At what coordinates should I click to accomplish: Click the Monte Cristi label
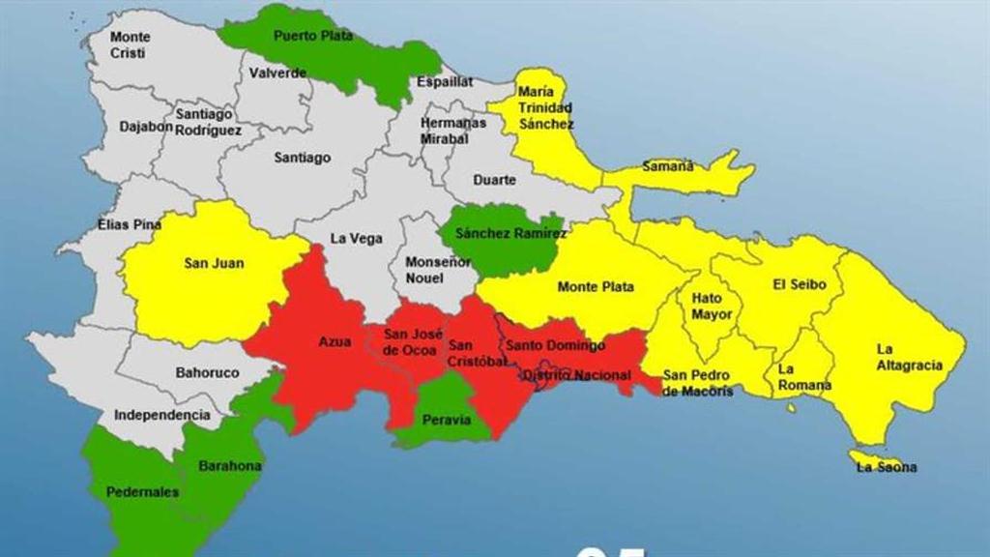point(130,45)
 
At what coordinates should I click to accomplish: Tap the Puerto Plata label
point(312,36)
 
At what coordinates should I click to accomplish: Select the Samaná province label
point(669,166)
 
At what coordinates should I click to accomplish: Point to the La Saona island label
point(887,468)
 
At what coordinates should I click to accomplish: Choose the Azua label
point(335,341)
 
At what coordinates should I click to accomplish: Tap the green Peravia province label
point(446,420)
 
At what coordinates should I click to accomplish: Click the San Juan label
point(214,263)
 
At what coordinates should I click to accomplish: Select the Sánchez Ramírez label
point(498,233)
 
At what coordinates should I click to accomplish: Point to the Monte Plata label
point(596,286)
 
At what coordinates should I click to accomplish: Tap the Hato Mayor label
point(712,307)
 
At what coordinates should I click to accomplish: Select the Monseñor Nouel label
point(424,270)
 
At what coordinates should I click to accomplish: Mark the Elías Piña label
point(130,225)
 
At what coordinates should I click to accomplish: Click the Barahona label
point(230,466)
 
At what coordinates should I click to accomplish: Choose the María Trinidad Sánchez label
point(545,107)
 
